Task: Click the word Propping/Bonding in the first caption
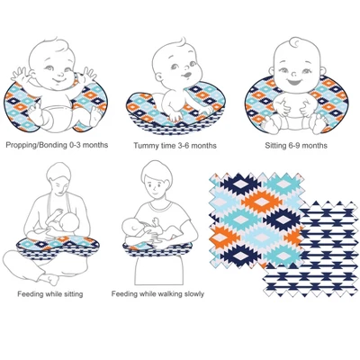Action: point(36,145)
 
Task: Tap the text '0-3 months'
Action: point(88,145)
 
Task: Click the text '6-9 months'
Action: point(308,146)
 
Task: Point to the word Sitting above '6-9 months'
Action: point(275,146)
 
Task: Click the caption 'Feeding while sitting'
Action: point(50,294)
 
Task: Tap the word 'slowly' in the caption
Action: point(193,294)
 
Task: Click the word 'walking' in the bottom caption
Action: point(166,293)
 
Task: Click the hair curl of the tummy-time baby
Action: point(182,41)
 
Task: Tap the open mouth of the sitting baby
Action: point(292,82)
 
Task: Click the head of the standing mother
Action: point(157,181)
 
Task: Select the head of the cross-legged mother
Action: point(60,179)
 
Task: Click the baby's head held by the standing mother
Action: point(134,225)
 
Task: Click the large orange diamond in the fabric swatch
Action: point(262,202)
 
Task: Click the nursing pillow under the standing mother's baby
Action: point(157,247)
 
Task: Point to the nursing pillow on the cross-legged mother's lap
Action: point(58,244)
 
